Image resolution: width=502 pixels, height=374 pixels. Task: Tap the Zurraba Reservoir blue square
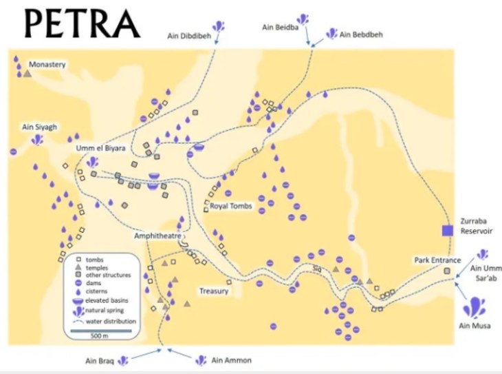pos(448,231)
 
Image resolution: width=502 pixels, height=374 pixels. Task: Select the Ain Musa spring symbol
pos(474,306)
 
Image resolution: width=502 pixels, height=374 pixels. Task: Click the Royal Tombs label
pos(232,206)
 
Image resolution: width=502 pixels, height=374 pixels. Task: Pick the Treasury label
pos(214,291)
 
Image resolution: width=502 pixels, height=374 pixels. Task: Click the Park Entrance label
pos(435,260)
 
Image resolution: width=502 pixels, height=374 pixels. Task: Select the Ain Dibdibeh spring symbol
pos(218,27)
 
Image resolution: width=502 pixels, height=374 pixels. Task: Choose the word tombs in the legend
pos(95,260)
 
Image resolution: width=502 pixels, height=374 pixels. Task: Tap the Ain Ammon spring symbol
pos(201,360)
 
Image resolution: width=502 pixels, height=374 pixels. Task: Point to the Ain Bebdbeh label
pos(362,34)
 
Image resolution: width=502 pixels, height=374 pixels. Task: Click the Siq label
pos(317,269)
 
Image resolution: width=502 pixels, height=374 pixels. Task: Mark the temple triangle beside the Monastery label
pos(27,73)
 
